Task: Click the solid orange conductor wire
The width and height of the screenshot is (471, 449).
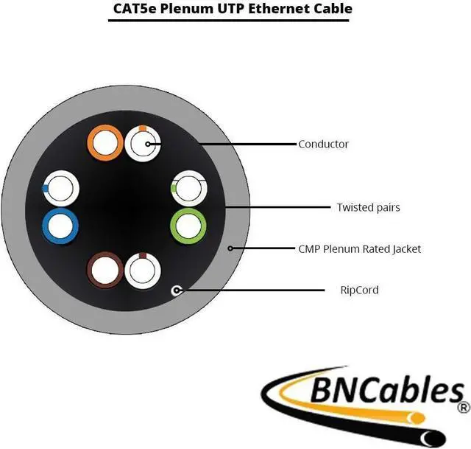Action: [x=105, y=143]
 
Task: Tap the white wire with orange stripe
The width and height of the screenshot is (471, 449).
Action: [x=142, y=143]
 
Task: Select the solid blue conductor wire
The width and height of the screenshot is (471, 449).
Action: [x=60, y=226]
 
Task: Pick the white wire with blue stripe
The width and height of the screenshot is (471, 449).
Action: [x=60, y=189]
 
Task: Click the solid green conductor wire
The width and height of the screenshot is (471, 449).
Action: [x=188, y=226]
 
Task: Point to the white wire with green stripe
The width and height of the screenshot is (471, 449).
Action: [x=188, y=189]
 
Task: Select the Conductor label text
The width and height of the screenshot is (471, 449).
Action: [x=323, y=145]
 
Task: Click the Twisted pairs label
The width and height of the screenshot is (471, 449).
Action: [x=368, y=207]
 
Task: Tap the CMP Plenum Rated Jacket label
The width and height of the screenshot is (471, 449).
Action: [x=360, y=249]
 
